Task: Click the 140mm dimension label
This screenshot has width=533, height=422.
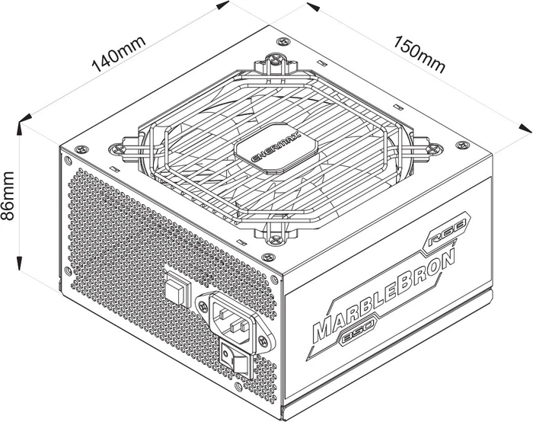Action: coord(119,54)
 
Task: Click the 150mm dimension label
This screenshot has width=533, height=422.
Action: coord(420,55)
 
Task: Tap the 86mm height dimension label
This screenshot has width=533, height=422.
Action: coord(8,196)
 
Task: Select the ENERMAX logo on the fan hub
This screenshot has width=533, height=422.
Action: coord(276,147)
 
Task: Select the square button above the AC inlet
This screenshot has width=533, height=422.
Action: coord(177,289)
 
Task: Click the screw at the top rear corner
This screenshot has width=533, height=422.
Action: coord(282,41)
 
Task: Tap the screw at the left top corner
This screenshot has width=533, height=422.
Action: coord(81,149)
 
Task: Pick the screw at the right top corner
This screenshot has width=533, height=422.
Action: coord(462,145)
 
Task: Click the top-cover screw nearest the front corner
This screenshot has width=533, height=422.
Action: coord(268,257)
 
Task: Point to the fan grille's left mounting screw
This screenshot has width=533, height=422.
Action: coord(117,149)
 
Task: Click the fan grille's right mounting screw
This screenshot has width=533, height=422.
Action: coord(435,148)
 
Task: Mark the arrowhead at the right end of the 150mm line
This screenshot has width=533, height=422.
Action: coord(525,129)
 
